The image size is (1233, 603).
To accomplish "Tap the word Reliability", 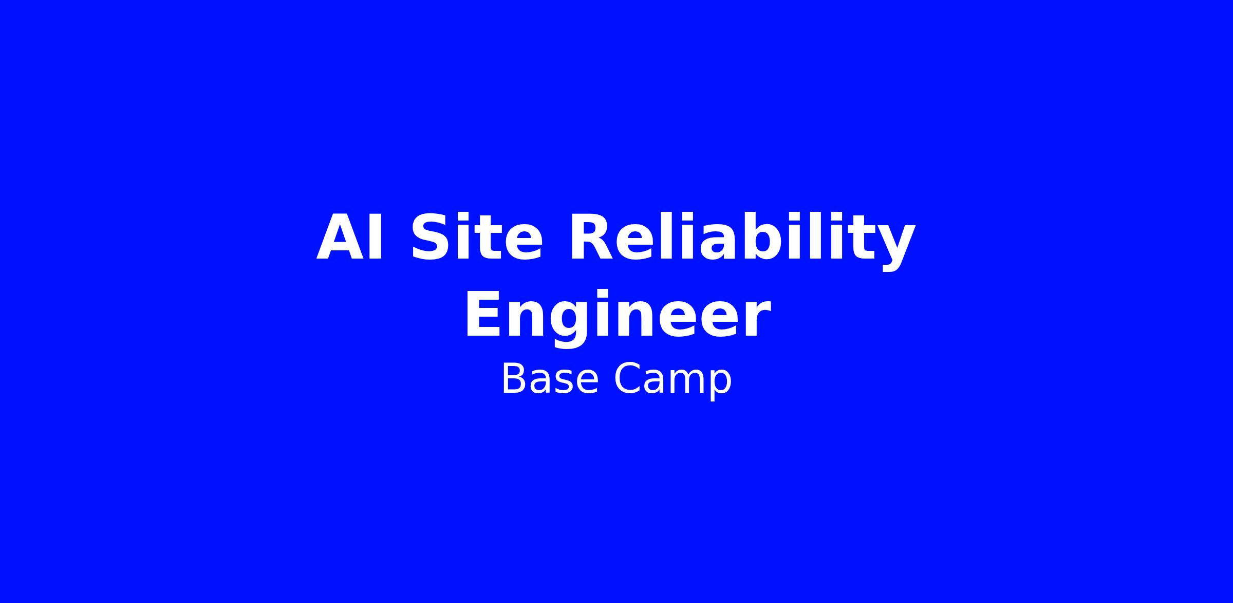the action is tap(742, 241).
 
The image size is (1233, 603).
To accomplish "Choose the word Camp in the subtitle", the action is tap(673, 380).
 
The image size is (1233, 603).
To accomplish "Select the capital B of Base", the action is tap(514, 379).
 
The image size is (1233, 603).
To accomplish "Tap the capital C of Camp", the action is tap(627, 379).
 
